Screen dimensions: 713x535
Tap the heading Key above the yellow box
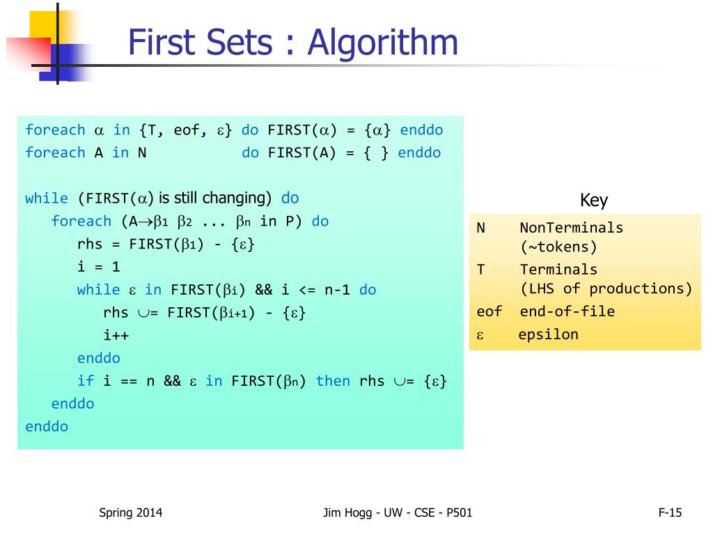594,201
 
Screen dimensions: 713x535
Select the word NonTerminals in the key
571,227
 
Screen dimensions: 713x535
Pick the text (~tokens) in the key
558,247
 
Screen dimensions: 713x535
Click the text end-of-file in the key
567,311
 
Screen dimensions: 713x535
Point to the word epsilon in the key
548,334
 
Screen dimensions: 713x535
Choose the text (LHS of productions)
606,288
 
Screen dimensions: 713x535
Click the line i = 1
98,266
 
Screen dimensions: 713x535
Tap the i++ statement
116,335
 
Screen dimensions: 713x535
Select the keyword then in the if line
333,380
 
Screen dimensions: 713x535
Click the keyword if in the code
85,380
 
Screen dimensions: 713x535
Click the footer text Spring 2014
130,513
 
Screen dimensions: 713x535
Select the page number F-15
670,513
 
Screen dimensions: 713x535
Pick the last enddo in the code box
47,426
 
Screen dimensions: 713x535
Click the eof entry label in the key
489,311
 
